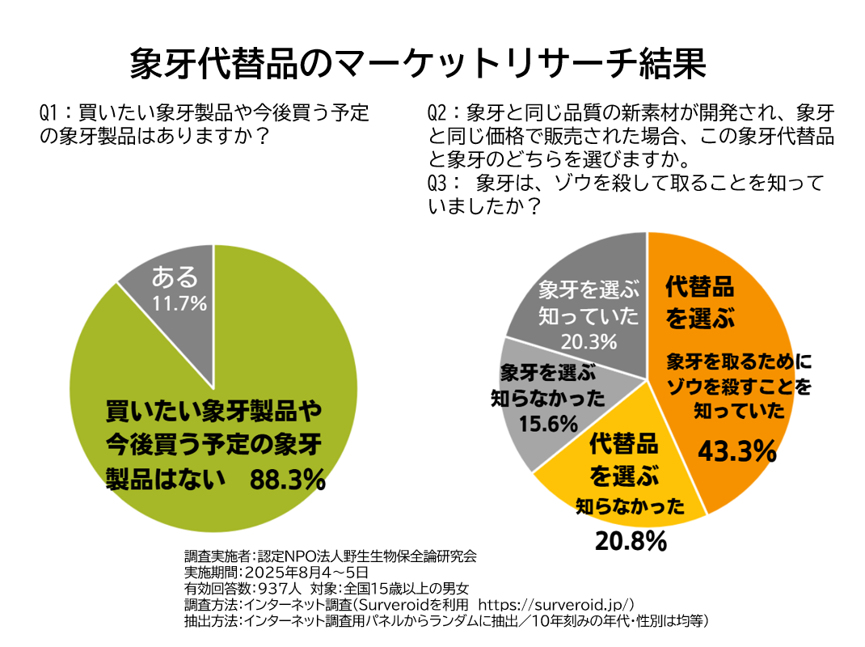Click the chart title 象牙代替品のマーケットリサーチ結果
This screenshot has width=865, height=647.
coord(418,64)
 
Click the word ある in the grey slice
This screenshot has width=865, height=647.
coord(175,277)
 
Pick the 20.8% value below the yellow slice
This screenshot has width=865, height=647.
coord(631,541)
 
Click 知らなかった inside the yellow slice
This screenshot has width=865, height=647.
coord(630,507)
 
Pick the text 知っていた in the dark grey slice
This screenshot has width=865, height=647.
coord(589,316)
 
